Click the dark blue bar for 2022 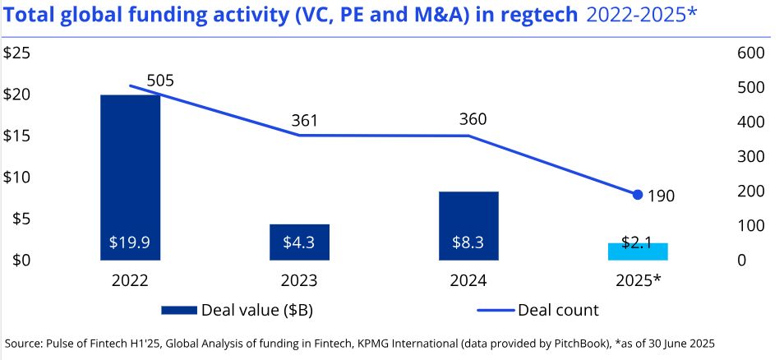coord(130,177)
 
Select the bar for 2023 coord(299,242)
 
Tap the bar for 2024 coord(468,225)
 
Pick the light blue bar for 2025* coord(638,252)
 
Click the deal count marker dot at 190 coord(638,195)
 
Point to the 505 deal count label coord(160,81)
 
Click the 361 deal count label coord(304,122)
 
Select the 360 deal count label coord(473,119)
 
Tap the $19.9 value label coord(130,243)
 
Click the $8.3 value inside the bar coord(468,243)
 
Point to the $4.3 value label coord(299,243)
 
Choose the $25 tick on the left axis coord(18,53)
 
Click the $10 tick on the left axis coord(18,177)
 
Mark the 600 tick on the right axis coord(751,53)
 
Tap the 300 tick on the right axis coord(751,156)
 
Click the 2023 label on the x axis coord(299,281)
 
